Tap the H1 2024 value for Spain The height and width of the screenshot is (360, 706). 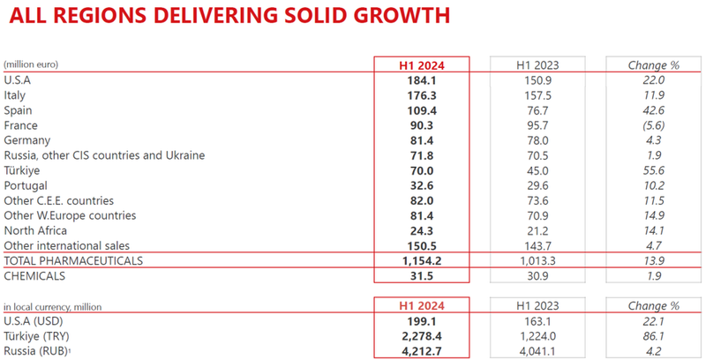tap(421, 110)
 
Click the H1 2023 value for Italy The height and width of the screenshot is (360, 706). tap(537, 95)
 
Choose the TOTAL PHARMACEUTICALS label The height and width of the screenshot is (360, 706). tap(73, 261)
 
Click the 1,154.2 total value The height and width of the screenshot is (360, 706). tap(421, 261)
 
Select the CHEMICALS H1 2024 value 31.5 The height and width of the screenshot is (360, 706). tap(421, 276)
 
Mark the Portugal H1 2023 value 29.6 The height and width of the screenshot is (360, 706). tap(537, 185)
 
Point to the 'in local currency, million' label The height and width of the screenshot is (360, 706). tap(53, 306)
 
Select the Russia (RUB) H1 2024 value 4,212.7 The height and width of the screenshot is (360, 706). tap(421, 351)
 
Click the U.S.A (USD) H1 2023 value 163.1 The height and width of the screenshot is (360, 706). tap(537, 321)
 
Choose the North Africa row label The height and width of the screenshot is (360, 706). tap(35, 230)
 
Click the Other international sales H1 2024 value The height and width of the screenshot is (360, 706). tap(421, 245)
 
